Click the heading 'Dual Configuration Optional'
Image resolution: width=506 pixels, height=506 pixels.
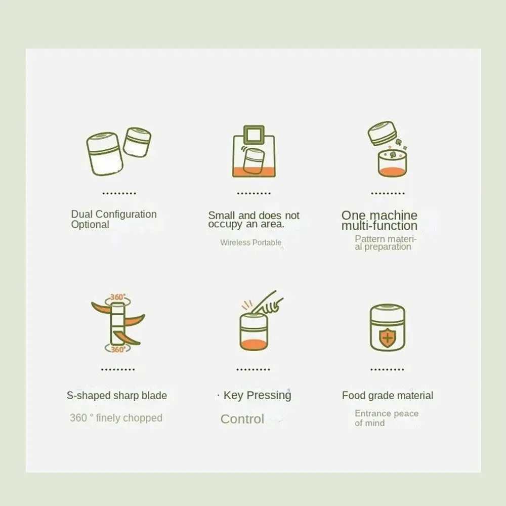tap(113, 219)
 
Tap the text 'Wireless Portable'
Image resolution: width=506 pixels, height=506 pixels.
tap(250, 242)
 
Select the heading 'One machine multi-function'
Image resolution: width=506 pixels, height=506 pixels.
tap(379, 221)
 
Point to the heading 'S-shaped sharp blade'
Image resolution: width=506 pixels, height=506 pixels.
tap(116, 396)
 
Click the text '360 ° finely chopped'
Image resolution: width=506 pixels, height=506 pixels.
tap(116, 418)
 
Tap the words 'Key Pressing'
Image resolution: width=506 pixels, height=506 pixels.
tap(257, 395)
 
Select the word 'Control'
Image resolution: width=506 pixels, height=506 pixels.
tap(242, 419)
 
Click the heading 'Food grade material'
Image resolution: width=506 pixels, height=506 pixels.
tap(387, 396)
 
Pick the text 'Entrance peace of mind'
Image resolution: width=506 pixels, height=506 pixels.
tap(386, 418)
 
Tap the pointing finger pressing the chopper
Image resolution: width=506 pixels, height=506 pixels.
tap(268, 304)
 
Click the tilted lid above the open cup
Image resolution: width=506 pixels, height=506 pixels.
tap(383, 133)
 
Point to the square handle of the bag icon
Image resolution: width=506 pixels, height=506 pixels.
tap(254, 135)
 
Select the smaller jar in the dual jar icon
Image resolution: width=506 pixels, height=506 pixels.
tap(137, 142)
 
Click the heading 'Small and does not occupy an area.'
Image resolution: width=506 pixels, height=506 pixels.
tap(254, 220)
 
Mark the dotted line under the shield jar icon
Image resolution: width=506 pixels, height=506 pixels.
tap(387, 370)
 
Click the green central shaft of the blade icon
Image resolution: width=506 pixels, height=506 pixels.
tap(117, 324)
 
